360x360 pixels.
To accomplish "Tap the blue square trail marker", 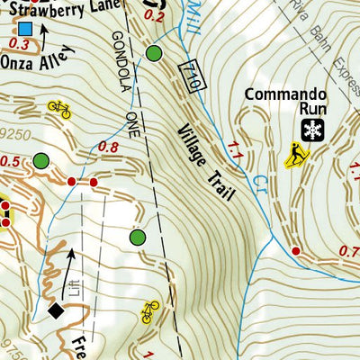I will point(24,28).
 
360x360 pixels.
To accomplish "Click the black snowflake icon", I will point(312,130).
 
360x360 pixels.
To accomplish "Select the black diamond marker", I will point(56,311).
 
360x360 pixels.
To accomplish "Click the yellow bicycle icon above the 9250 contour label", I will point(59,109).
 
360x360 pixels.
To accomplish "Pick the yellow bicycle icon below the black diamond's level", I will point(150,312).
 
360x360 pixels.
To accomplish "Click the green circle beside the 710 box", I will point(155,54).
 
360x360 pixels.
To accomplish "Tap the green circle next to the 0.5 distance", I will point(40,162).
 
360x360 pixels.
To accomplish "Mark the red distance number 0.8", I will point(108,147).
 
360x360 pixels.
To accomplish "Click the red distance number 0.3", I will point(22,43).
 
